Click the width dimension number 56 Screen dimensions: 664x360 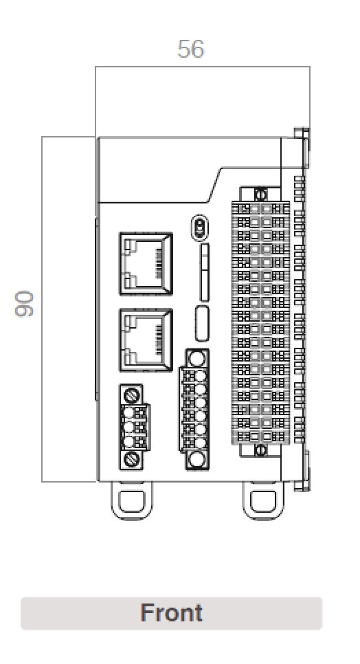tap(190, 49)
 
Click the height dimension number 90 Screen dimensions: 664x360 tap(25, 304)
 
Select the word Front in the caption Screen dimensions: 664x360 tap(171, 612)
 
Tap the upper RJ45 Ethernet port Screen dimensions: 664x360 tap(146, 262)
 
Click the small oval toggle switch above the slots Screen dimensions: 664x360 tap(200, 227)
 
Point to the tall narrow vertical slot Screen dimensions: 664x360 tap(204, 273)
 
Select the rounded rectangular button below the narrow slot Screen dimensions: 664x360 tap(203, 323)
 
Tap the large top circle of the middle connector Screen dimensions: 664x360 tap(198, 358)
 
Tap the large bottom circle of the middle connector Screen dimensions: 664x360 tap(198, 460)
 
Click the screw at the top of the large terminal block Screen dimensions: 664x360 tap(260, 194)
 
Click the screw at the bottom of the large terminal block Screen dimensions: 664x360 tap(260, 450)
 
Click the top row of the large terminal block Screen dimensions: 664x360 tap(260, 208)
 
